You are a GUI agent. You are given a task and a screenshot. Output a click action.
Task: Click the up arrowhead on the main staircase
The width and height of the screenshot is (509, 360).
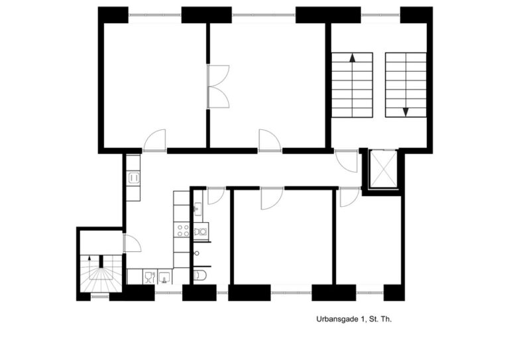pos(353,58)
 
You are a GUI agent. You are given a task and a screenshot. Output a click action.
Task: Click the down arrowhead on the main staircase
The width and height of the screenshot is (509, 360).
pos(405,112)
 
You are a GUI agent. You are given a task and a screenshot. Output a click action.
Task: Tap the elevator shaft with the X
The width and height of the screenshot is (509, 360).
pos(383,170)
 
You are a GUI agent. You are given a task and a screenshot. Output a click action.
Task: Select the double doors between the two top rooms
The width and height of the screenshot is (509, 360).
pos(218,87)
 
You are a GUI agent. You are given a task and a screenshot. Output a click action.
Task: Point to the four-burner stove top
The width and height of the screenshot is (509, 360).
pos(182,231)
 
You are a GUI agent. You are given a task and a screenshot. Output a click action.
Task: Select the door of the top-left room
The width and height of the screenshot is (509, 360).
pos(155,141)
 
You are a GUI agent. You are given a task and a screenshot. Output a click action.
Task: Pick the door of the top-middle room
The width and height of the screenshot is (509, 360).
pos(269,141)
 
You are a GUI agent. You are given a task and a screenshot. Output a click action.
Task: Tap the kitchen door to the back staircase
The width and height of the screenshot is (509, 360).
pos(131,243)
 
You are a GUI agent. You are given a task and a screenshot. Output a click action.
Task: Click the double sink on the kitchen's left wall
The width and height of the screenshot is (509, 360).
pos(133,178)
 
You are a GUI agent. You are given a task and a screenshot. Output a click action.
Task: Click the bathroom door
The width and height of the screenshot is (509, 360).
pos(216,196)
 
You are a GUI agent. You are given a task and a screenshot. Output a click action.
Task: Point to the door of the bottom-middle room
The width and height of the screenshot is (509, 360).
pos(272,198)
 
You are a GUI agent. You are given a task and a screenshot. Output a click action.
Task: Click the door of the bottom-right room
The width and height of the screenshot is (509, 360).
pos(349,197)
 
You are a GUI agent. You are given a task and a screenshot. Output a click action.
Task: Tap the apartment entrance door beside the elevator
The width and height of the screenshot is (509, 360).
pos(347,161)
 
